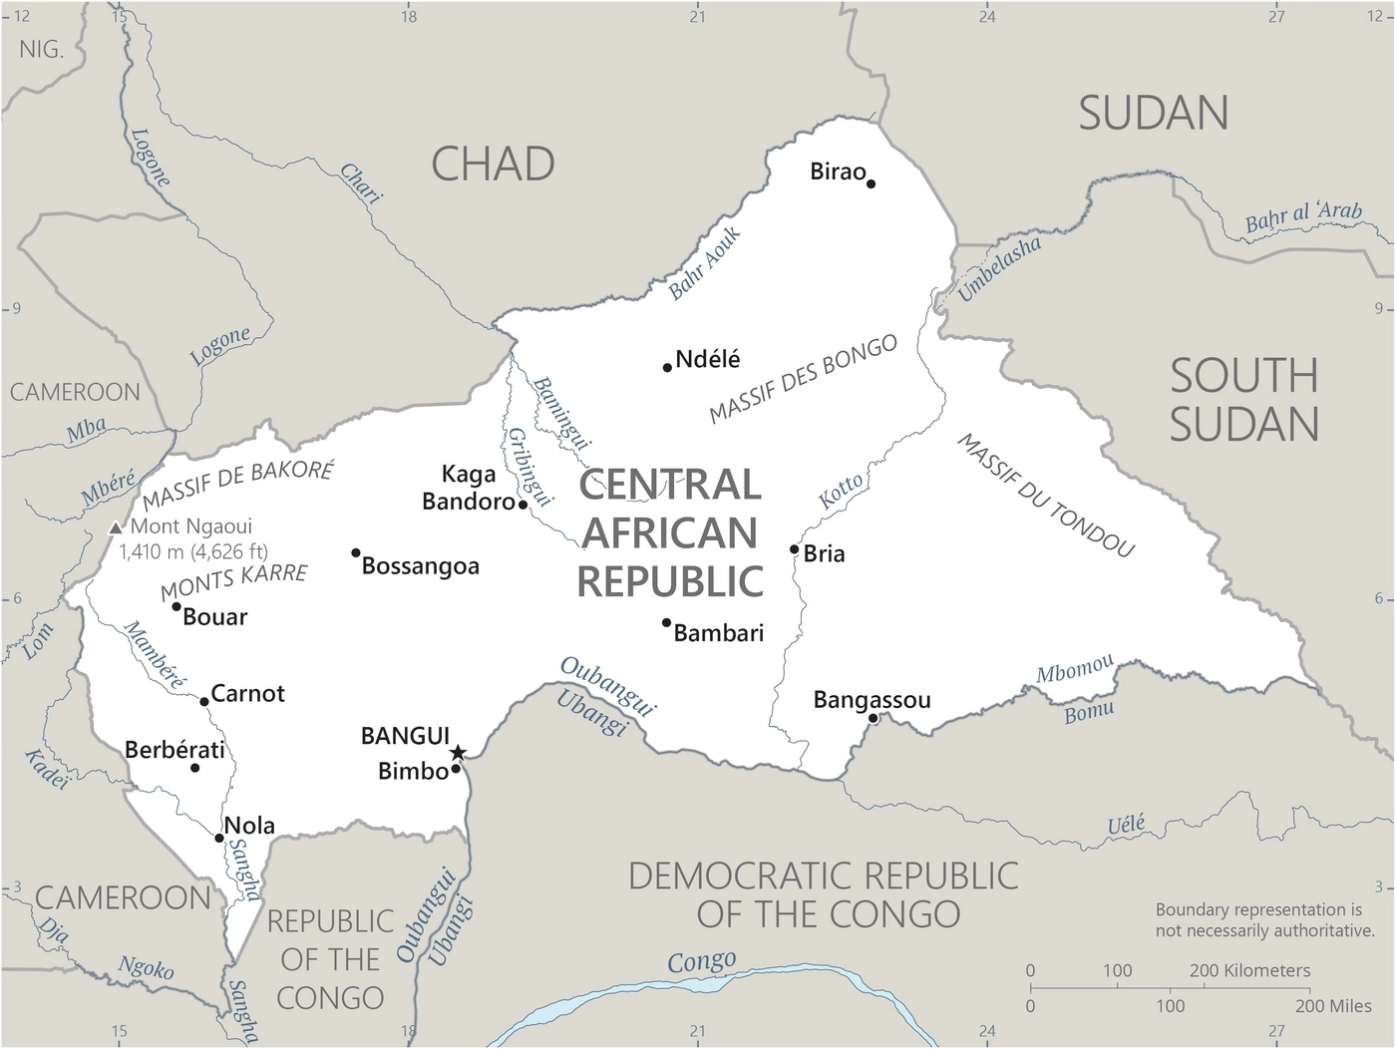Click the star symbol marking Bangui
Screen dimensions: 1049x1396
458,753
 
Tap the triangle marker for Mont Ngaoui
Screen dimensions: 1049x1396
116,527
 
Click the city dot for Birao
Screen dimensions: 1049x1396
871,183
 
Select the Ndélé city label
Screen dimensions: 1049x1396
707,359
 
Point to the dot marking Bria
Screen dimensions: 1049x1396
794,549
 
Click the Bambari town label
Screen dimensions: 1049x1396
718,633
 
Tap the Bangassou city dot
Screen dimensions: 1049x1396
872,718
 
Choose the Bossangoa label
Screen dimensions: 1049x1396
420,566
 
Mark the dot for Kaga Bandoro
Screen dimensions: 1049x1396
523,505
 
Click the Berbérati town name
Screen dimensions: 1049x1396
174,750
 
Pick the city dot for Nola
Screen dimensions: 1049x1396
219,838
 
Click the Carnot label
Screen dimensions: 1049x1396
247,693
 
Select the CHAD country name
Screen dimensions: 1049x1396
493,165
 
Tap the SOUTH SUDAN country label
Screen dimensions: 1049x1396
1243,401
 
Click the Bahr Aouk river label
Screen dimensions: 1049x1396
704,264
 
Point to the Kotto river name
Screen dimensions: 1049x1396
841,491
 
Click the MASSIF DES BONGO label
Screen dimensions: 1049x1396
803,379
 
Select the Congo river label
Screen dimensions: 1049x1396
701,962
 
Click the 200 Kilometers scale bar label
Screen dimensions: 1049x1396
1249,970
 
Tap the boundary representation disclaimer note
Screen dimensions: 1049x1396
1263,919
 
